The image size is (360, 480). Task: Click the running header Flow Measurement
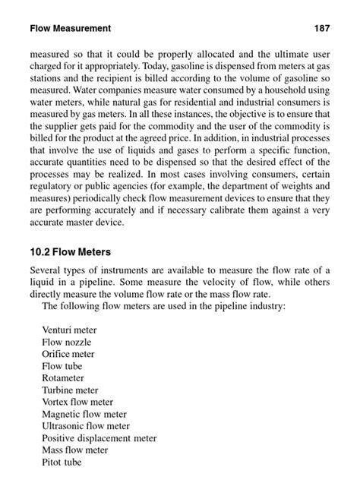[x=71, y=29]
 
